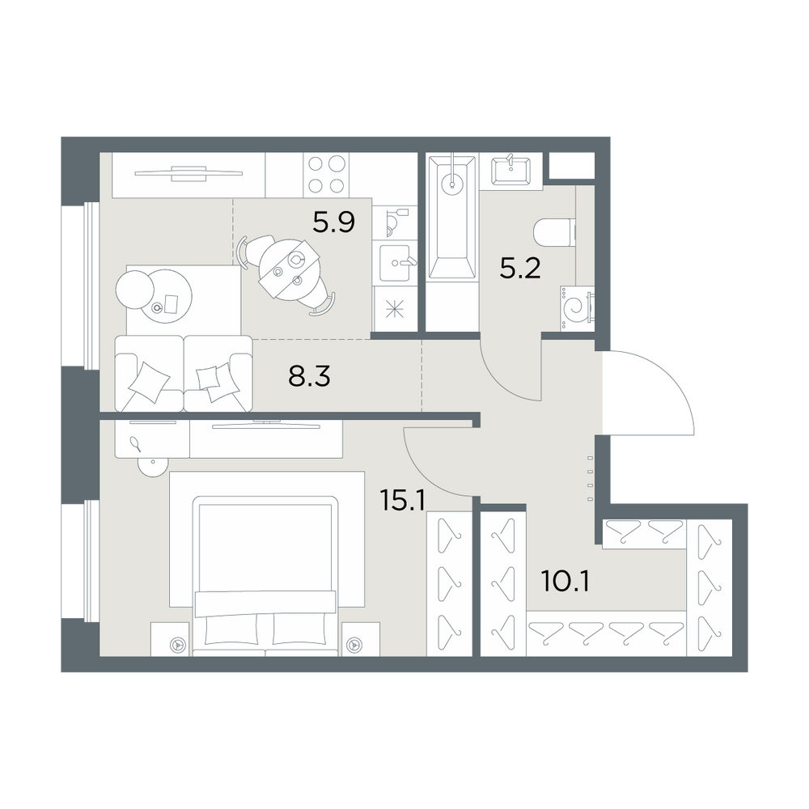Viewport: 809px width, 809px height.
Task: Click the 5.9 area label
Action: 334,223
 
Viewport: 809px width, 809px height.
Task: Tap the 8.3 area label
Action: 309,377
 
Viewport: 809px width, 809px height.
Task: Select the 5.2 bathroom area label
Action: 520,269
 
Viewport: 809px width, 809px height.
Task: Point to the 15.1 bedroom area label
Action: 402,500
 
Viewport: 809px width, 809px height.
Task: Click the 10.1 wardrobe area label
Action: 565,582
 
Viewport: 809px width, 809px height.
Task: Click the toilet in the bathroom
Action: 555,233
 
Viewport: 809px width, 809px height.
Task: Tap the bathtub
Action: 452,218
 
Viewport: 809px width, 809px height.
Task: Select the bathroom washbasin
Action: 510,170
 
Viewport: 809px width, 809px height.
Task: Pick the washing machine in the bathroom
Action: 576,309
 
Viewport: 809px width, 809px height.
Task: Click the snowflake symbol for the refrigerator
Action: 395,311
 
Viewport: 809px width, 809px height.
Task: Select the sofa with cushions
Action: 183,374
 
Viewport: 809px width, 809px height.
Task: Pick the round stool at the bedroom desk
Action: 153,468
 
